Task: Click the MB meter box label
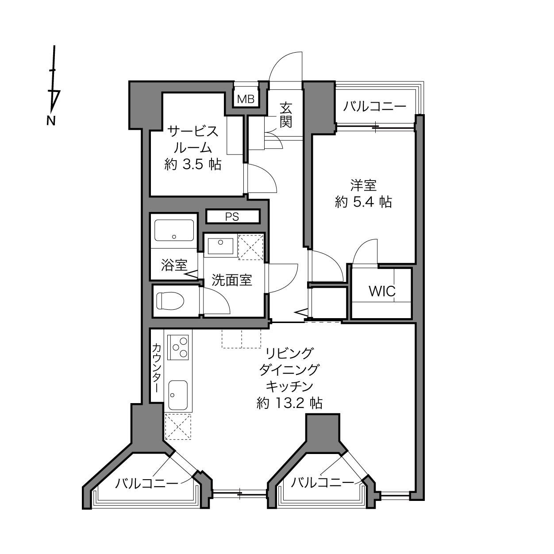[246, 99]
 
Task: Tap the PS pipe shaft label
[232, 217]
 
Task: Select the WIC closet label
[382, 292]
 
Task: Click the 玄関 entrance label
[286, 115]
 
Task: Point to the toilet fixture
[170, 301]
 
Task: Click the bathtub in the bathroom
[174, 230]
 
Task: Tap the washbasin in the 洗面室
[220, 246]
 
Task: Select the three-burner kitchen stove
[180, 347]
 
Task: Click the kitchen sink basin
[178, 395]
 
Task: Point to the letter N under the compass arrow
[51, 121]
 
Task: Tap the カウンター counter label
[157, 368]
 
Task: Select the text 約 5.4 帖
[363, 202]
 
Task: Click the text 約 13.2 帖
[289, 404]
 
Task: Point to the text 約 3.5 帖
[193, 165]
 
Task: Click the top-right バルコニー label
[375, 106]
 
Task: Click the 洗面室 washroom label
[232, 280]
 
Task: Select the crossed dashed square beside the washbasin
[250, 247]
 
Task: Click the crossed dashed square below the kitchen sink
[178, 427]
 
